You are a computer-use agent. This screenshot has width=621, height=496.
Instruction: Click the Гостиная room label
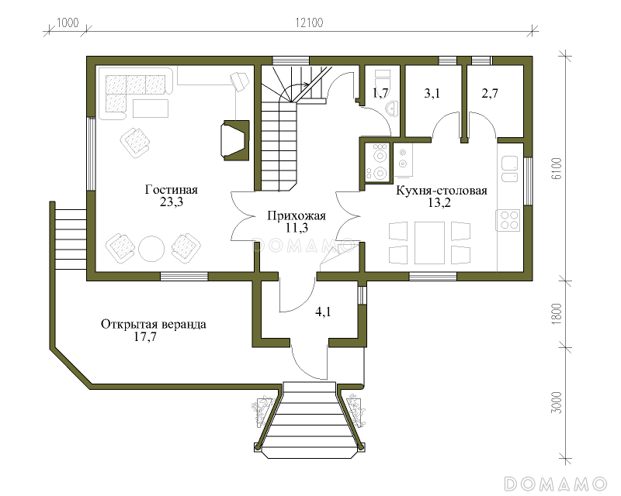(x=171, y=190)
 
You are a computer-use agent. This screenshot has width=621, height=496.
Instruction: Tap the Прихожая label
(x=297, y=216)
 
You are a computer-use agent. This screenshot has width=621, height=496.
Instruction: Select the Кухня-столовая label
(x=442, y=191)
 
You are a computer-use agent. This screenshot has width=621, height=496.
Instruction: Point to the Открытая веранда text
(x=153, y=325)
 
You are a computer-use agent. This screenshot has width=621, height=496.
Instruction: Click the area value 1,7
(x=380, y=93)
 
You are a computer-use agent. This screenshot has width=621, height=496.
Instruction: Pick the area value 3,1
(x=432, y=93)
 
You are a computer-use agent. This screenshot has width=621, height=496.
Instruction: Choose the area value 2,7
(x=490, y=93)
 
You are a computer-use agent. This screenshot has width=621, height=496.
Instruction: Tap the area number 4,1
(x=323, y=312)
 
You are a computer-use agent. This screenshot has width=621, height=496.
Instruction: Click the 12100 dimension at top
(x=309, y=22)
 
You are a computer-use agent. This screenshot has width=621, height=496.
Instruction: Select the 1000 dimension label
(x=68, y=22)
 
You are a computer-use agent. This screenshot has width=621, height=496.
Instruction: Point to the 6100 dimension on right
(x=557, y=168)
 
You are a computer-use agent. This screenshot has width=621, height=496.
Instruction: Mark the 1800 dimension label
(x=557, y=314)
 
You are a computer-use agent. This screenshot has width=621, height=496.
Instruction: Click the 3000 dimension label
(x=557, y=403)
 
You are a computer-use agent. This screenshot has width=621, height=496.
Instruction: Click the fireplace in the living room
(x=236, y=140)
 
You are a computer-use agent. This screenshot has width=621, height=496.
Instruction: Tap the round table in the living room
(x=151, y=249)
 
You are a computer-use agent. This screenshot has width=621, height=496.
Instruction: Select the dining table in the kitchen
(x=429, y=243)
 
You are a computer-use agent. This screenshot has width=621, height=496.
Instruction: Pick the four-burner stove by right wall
(x=508, y=220)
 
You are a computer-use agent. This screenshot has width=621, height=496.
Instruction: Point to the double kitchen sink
(x=510, y=168)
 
